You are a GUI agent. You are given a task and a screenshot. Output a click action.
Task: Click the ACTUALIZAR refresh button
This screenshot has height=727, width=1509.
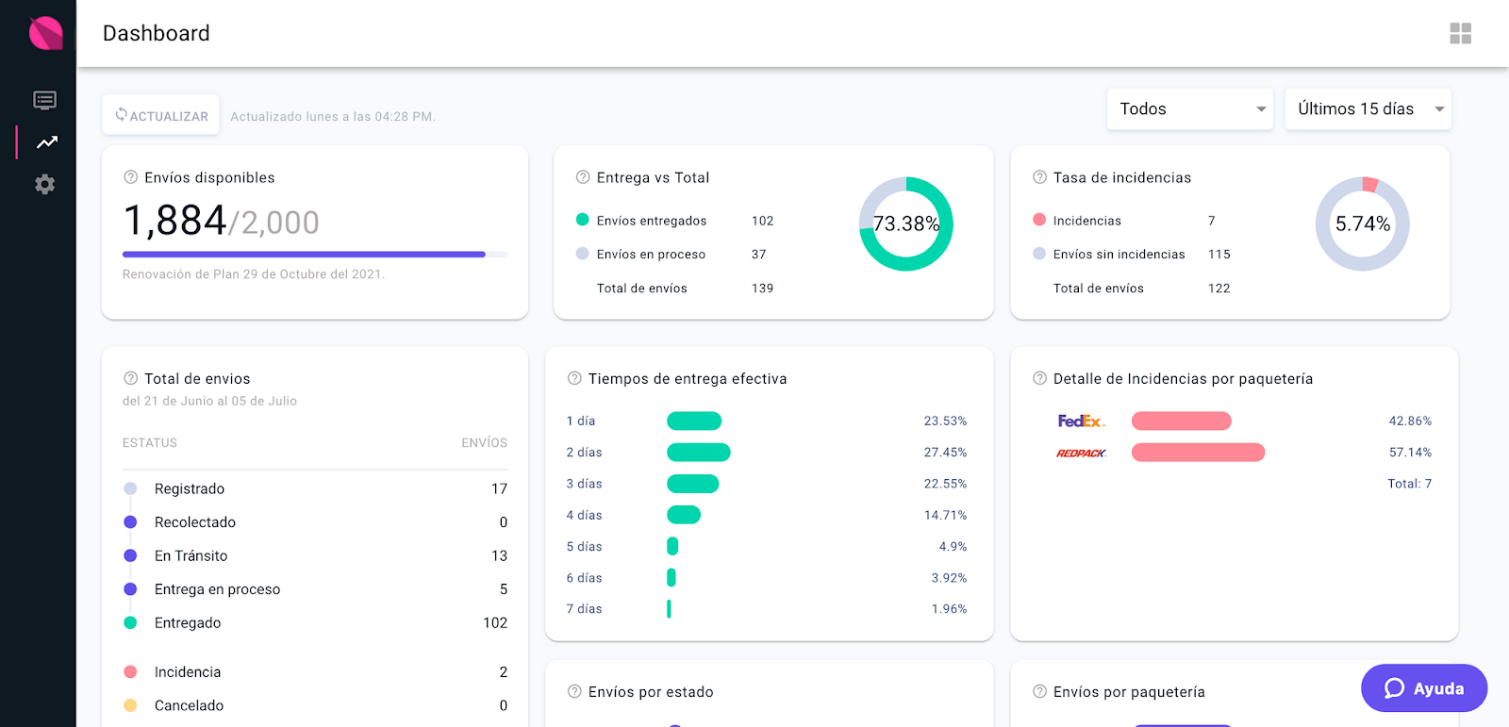pos(161,115)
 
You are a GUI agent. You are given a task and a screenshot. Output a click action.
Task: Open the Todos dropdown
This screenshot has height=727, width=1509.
pos(1190,109)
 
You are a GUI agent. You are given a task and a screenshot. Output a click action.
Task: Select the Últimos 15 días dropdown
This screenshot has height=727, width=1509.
pos(1368,109)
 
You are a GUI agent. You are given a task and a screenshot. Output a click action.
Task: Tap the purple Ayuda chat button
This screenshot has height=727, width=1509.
pos(1423,688)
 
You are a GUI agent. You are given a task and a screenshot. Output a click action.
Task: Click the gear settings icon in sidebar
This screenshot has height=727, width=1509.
pos(44,184)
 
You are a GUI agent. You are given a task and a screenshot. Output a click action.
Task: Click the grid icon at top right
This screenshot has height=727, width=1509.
pos(1460,34)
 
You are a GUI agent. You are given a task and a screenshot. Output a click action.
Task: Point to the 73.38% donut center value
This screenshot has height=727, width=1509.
pos(905,223)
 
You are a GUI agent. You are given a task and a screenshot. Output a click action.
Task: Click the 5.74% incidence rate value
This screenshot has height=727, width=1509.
pos(1362,223)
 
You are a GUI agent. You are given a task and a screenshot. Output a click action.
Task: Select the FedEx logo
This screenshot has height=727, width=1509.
pos(1081,421)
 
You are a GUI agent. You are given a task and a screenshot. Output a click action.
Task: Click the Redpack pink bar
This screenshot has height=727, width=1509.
pos(1198,453)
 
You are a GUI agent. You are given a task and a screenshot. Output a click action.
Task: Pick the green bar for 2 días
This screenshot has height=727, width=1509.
pos(698,453)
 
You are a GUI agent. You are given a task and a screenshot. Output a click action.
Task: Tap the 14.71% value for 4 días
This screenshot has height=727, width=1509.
pos(945,515)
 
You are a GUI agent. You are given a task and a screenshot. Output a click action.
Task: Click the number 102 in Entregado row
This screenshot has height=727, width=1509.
pos(494,623)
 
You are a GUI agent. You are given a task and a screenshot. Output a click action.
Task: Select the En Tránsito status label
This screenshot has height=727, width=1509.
pos(191,556)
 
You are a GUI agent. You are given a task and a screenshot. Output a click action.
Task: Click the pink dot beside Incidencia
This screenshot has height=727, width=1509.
pos(130,672)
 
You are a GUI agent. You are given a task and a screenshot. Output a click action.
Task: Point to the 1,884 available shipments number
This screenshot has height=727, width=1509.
pos(175,221)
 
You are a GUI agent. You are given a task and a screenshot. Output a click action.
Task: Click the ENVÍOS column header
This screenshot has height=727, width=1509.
pos(484,443)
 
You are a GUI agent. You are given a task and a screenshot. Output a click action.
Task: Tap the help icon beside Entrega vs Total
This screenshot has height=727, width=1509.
pos(583,177)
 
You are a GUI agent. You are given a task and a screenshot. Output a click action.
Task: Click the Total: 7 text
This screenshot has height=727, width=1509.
pos(1409,484)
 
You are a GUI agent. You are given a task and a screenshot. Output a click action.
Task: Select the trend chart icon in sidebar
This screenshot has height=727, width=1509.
pos(46,142)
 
